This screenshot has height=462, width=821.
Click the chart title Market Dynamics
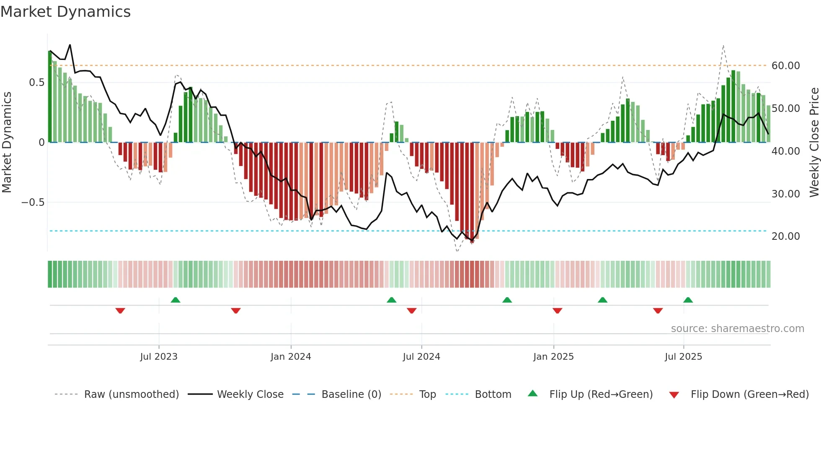[65, 12]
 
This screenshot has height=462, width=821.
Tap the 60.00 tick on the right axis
[785, 66]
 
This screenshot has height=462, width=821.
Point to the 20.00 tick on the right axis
[785, 236]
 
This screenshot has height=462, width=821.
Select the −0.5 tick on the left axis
[33, 202]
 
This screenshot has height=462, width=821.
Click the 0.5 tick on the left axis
[36, 83]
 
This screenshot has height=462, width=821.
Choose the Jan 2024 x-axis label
[291, 357]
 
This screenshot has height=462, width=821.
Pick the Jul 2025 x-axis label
[683, 357]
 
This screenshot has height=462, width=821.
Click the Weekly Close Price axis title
[814, 143]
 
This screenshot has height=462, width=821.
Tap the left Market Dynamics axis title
[7, 143]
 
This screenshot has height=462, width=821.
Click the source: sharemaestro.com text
[737, 329]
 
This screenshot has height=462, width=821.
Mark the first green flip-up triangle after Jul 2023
[176, 300]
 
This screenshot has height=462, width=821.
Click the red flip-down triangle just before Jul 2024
[412, 311]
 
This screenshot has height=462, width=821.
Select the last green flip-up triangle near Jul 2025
[688, 300]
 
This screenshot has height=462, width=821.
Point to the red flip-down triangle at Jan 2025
[557, 311]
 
